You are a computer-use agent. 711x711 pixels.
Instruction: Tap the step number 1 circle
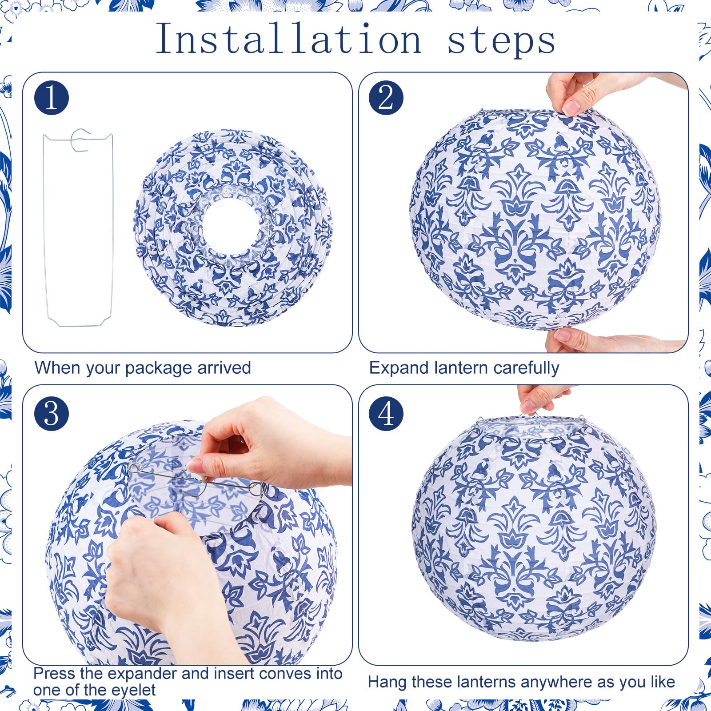52,98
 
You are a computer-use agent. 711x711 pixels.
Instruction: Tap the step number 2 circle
386,98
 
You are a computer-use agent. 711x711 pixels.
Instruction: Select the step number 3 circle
52,414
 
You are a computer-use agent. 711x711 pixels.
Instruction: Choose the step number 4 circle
386,414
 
